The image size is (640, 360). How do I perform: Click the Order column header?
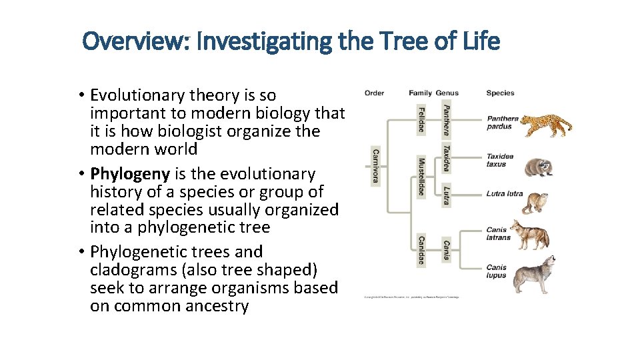click(374, 93)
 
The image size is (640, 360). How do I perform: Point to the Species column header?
click(500, 93)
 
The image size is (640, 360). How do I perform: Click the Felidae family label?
click(421, 118)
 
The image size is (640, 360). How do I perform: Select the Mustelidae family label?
click(421, 177)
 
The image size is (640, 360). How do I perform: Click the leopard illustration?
click(545, 125)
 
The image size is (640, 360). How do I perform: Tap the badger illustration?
click(539, 166)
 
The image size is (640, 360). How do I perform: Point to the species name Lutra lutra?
click(504, 195)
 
